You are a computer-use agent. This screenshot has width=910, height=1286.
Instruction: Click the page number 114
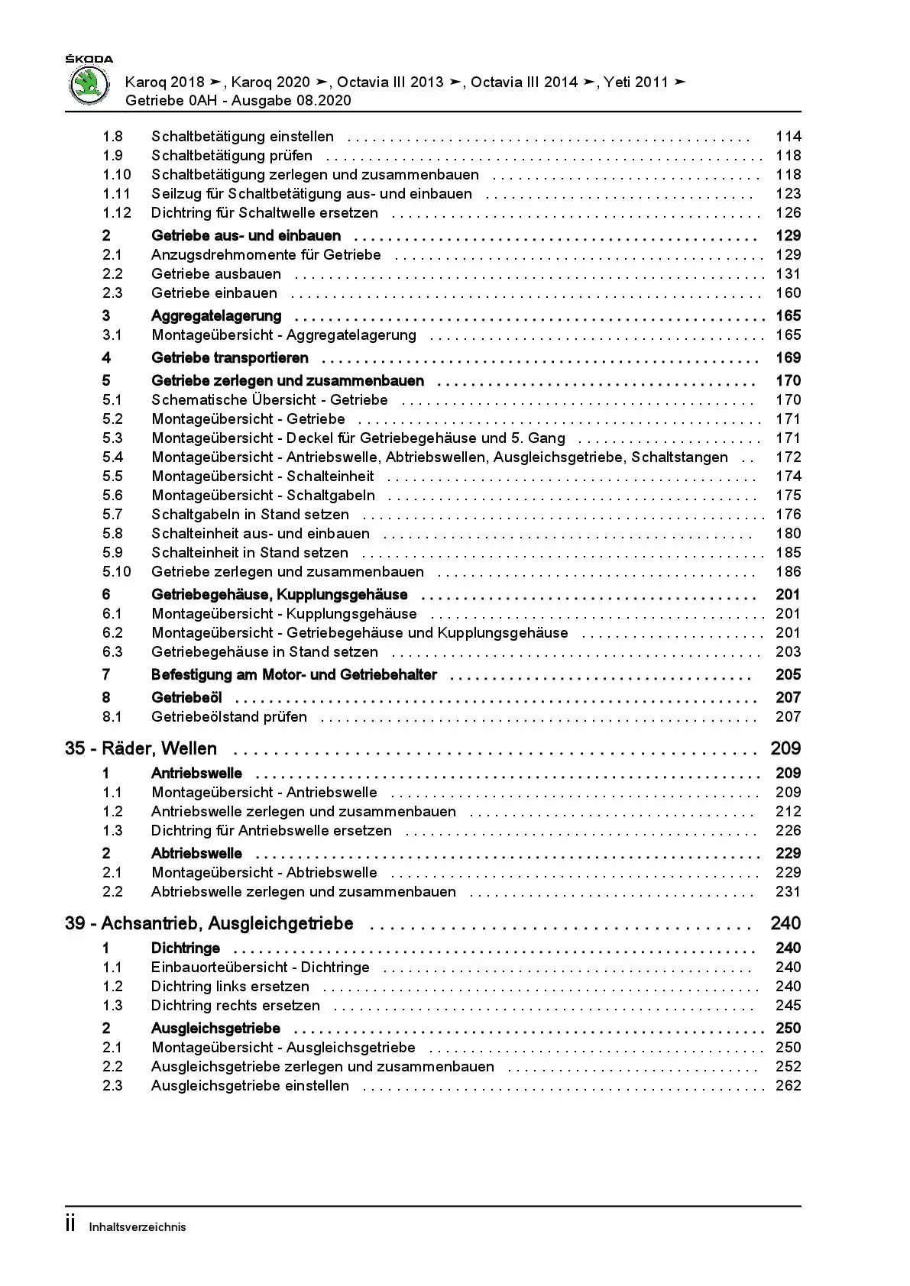coord(788,137)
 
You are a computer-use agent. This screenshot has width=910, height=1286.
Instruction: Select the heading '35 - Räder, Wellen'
coord(141,748)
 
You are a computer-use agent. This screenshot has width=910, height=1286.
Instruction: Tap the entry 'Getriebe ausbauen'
coord(216,274)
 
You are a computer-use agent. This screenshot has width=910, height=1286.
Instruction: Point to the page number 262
coord(788,1086)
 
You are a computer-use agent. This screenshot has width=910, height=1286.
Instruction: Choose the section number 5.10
coord(117,572)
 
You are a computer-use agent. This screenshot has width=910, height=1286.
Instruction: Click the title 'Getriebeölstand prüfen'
coord(229,717)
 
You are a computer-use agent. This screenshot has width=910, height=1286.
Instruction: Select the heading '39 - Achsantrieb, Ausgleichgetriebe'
coord(209,923)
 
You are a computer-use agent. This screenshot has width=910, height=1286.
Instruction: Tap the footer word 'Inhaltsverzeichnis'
coord(138,1227)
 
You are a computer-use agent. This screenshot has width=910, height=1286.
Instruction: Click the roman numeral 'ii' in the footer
coord(70,1225)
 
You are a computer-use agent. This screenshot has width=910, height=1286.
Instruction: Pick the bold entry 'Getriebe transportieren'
coord(230,358)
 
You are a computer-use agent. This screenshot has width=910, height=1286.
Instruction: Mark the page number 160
coord(788,293)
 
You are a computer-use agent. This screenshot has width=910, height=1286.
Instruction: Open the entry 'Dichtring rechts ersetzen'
coord(235,1006)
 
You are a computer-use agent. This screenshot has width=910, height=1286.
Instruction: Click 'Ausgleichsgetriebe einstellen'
coord(250,1086)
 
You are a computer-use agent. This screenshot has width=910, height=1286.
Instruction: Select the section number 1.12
coord(117,213)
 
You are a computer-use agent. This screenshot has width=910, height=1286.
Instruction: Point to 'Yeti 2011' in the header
coord(636,82)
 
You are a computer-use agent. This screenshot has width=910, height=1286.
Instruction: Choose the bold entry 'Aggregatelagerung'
coord(216,316)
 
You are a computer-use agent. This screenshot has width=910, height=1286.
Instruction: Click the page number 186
coord(788,572)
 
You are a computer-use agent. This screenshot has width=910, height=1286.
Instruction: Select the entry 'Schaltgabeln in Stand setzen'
coord(250,515)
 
